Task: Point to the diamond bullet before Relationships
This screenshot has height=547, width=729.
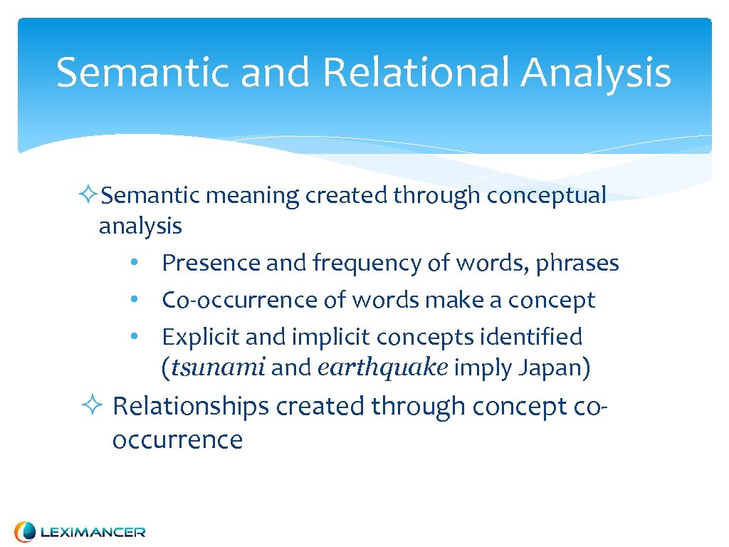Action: (91, 407)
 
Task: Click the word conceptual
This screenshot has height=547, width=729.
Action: (546, 196)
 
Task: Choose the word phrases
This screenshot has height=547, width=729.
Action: (577, 264)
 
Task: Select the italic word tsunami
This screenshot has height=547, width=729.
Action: (219, 368)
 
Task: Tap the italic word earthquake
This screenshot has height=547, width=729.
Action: (382, 368)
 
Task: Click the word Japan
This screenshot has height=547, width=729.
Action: (550, 368)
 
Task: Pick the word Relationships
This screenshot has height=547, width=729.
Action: (191, 407)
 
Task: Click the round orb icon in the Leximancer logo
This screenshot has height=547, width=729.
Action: (25, 531)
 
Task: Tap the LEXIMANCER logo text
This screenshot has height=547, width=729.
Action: (93, 532)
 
